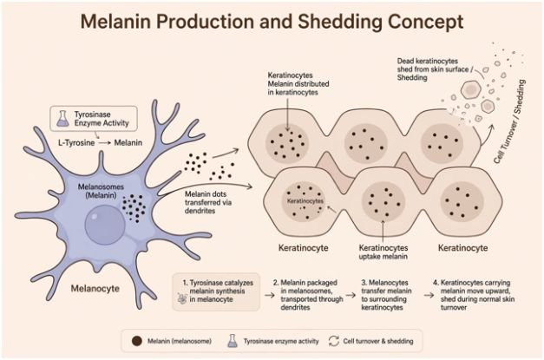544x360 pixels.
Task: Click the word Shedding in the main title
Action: coord(340,23)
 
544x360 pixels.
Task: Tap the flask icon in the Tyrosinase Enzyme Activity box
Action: coord(62,118)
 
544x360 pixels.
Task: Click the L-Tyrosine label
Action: coord(76,142)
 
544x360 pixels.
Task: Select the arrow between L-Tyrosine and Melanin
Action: coord(105,142)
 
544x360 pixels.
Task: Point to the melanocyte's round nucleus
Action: coord(105,224)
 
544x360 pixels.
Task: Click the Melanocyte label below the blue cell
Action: coord(95,288)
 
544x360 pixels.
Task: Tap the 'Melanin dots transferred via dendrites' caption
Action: coord(208,202)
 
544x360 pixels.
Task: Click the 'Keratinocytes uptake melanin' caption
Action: coord(383,252)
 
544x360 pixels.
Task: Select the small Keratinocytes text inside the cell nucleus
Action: coord(305,200)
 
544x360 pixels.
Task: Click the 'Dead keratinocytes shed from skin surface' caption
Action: coord(435,69)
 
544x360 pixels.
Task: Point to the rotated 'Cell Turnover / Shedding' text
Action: coord(509,121)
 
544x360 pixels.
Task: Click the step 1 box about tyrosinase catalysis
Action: coord(216,291)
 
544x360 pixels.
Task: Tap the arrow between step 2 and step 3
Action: coord(351,295)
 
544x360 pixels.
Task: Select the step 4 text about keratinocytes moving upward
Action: coord(474,295)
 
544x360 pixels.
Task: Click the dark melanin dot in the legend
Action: coord(137,341)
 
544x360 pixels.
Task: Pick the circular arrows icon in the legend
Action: coord(334,341)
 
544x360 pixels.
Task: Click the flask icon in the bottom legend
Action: coord(233,341)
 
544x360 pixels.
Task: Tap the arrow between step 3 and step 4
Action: coord(429,295)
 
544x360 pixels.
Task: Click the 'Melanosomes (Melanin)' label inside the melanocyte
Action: coord(101,191)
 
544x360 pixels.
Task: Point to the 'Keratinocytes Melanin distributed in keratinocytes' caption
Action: coord(298,83)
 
